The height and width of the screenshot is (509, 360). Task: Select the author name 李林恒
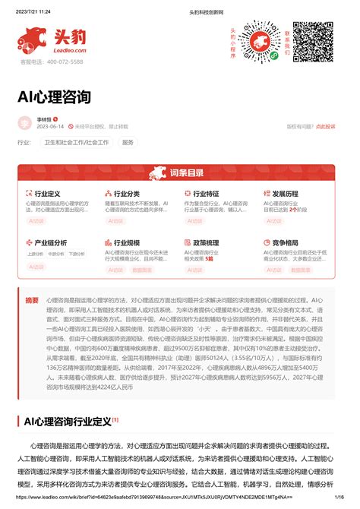click(46, 119)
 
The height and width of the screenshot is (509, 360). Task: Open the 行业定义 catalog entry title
click(47, 194)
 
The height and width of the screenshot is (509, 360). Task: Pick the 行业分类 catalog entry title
click(127, 194)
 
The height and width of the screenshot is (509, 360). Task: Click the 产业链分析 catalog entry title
click(50, 242)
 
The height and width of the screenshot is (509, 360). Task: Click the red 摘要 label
click(32, 300)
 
